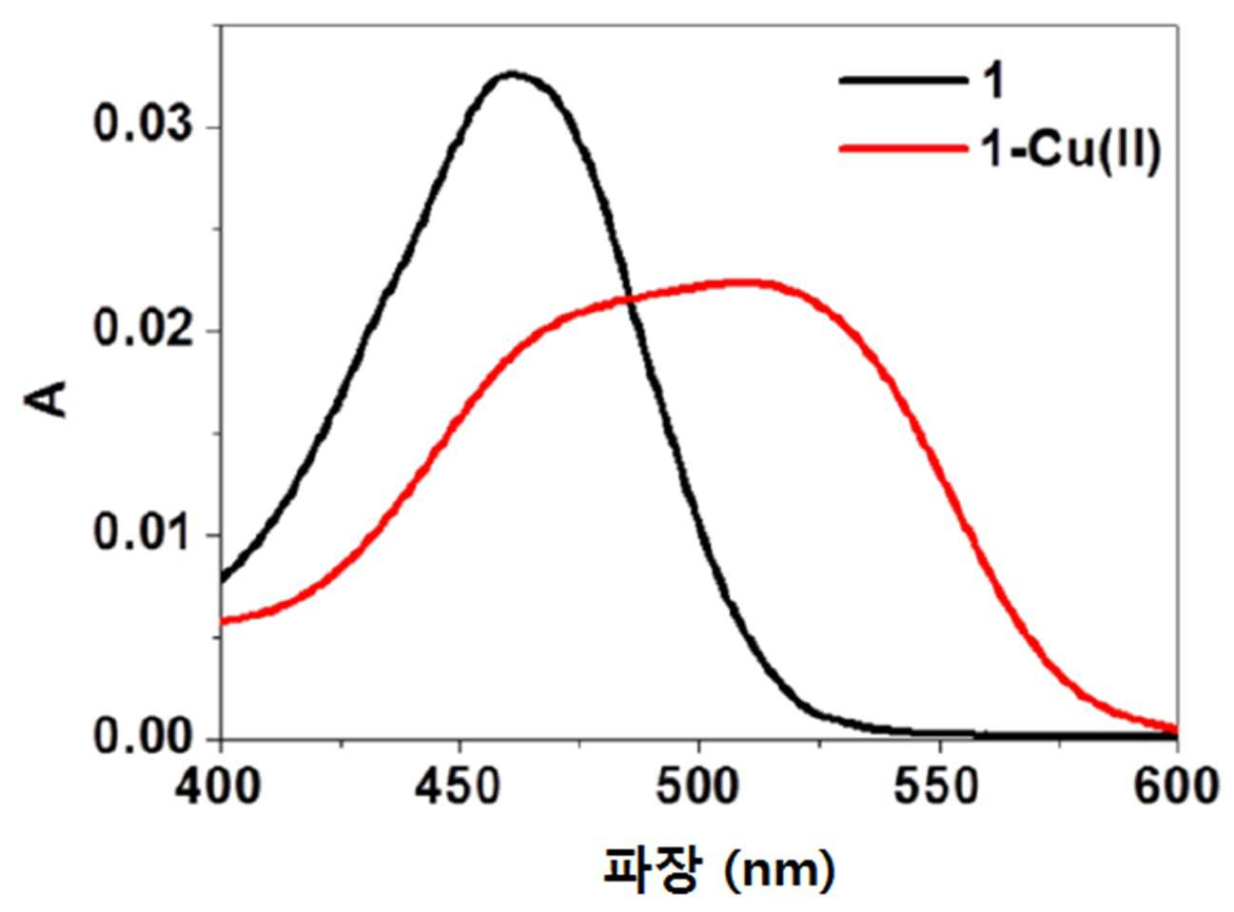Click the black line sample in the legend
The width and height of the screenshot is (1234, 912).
pos(903,81)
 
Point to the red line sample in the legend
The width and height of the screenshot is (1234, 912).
pos(903,148)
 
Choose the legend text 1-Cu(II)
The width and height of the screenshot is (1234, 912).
pos(1068,150)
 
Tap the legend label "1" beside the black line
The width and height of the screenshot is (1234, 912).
pos(990,82)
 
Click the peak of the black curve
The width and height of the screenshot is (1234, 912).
pos(512,74)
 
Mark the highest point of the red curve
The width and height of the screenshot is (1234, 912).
pos(743,282)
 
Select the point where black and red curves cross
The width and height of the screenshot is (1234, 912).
pos(629,301)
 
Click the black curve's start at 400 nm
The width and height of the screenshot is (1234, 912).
pos(222,581)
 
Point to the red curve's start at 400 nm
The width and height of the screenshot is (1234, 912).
pos(222,620)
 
